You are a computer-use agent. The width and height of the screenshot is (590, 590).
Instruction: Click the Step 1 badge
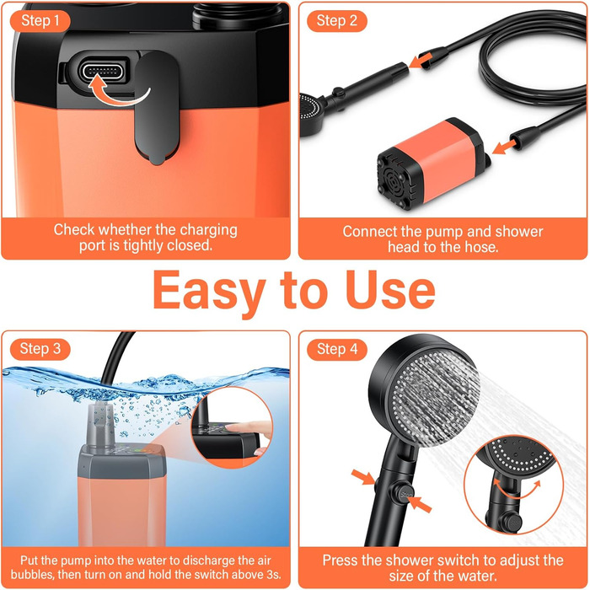pos(40,21)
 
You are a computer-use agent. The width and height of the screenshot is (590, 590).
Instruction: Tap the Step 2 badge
pos(337,21)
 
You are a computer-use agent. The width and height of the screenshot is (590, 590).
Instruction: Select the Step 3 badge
pos(40,349)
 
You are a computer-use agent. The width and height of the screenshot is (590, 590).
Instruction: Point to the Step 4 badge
pos(337,349)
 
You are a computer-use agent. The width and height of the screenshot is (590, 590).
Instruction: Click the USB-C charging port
pos(102,71)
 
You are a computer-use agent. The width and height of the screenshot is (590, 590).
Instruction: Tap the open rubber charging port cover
pos(157,108)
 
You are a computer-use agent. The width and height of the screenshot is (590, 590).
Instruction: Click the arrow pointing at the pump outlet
pos(504,147)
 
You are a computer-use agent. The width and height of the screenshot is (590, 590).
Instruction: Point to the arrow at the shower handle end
pos(420,60)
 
